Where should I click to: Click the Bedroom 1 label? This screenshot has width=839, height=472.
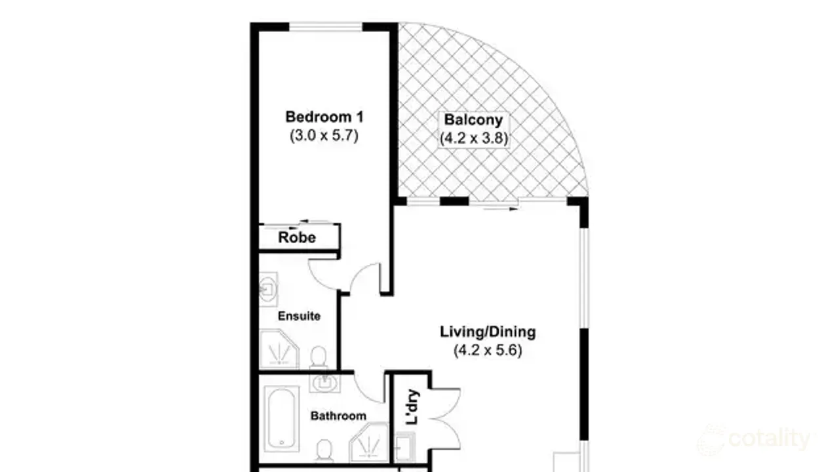coord(324,117)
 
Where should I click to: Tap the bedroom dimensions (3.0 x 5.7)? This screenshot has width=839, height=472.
coord(324,136)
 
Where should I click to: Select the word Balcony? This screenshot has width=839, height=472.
coord(473,120)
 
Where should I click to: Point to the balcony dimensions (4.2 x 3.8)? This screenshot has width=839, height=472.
coord(473,138)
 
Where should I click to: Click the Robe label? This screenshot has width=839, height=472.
coord(297,237)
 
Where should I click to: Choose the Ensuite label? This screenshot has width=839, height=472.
coord(299,316)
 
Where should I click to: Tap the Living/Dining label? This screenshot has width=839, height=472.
coord(487,332)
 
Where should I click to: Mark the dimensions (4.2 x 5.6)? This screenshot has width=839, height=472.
coord(487,351)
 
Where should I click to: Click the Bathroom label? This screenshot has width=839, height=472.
coord(338,416)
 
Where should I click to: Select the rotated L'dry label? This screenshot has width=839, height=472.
coord(412,408)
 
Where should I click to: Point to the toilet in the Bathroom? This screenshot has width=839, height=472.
coord(323,450)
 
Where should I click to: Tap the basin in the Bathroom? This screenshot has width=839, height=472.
coord(323,381)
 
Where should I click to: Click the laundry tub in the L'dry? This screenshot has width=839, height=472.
coord(404,448)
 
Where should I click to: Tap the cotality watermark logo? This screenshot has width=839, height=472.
coord(754,439)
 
